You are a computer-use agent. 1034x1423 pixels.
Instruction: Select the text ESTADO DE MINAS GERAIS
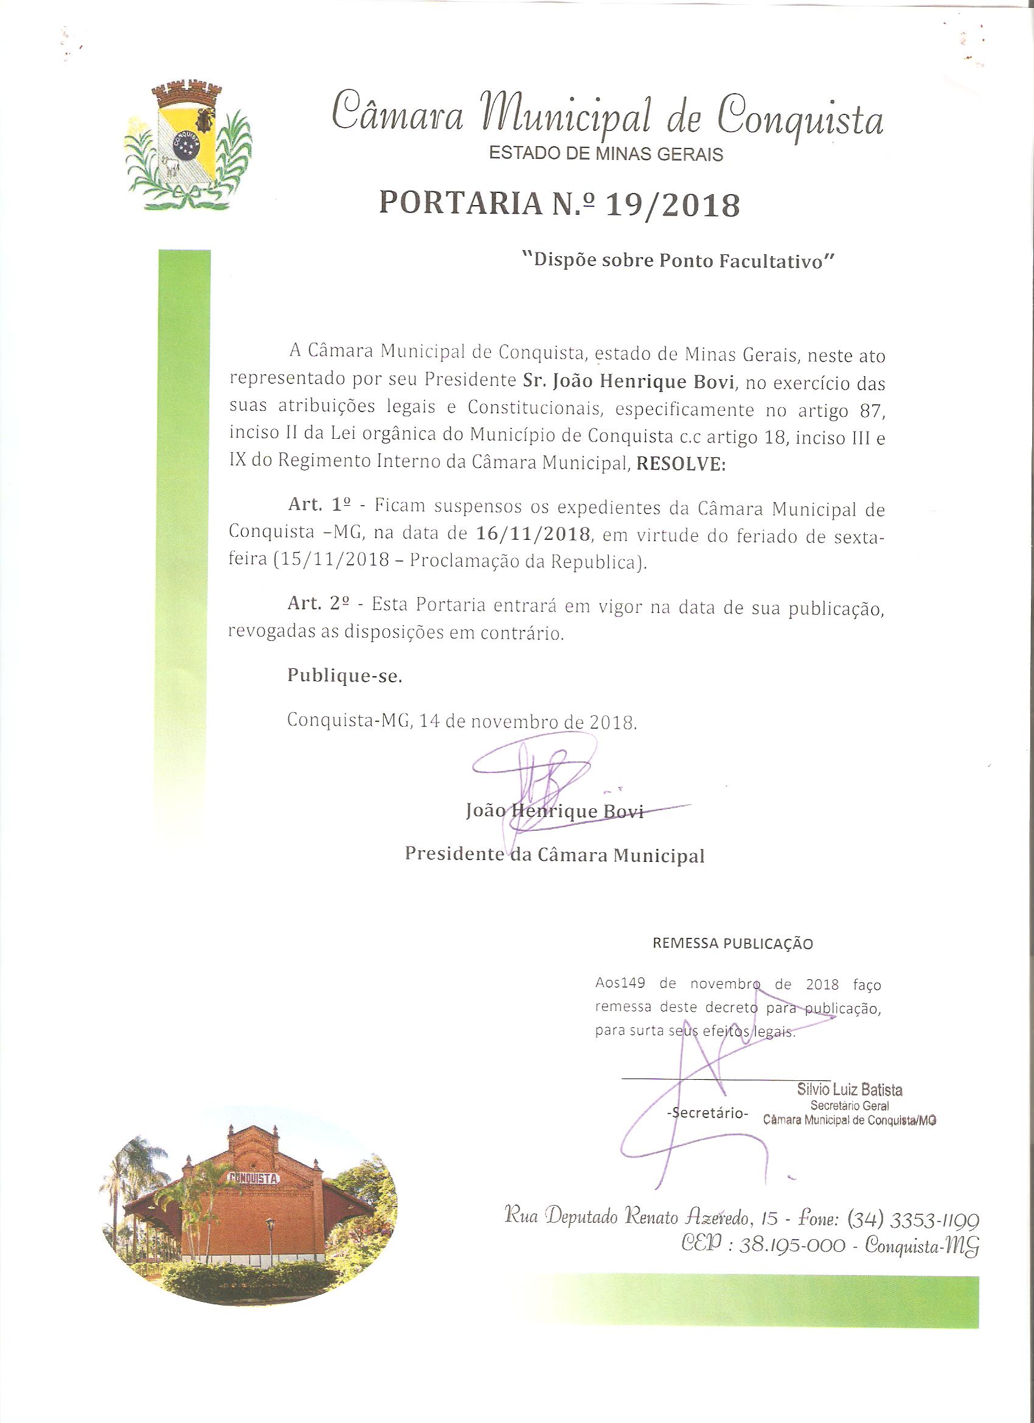coord(606,155)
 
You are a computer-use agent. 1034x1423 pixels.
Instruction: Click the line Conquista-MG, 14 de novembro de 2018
coord(462,721)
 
